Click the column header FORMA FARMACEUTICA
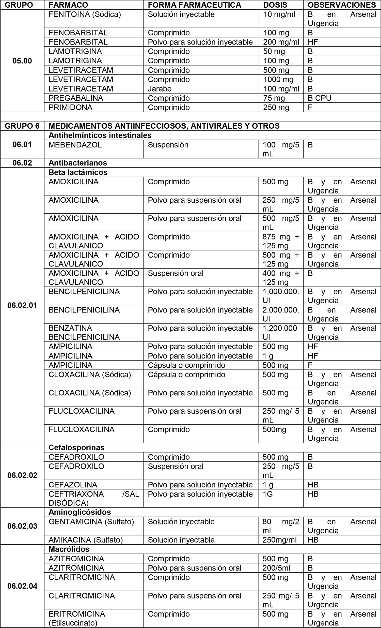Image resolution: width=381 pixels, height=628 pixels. pos(194,5)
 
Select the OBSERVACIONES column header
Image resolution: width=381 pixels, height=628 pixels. pos(342,5)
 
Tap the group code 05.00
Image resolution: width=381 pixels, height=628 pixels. pos(22,61)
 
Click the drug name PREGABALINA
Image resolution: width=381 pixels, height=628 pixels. pos(76,98)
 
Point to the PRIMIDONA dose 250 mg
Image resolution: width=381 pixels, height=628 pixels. pos(276,107)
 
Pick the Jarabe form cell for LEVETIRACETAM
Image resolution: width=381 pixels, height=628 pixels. pos(160,89)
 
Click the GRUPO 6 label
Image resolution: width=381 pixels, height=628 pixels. pos(22,126)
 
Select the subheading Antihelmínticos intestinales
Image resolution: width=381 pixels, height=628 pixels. pos(100,135)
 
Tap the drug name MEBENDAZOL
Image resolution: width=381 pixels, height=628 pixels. pos(75,145)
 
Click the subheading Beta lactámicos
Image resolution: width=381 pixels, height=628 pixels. pos(78,172)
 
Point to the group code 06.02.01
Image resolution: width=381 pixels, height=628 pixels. pos(22,305)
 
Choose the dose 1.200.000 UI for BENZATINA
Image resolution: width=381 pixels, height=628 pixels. pos(279,332)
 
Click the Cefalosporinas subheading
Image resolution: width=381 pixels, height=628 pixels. pos(76,447)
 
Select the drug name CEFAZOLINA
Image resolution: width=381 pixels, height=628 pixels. pos(73,485)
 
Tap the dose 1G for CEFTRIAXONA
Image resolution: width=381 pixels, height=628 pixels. pos(267,494)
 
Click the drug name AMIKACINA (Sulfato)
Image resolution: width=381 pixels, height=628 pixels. pos(86,540)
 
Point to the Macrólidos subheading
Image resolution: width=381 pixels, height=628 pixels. pos(69,549)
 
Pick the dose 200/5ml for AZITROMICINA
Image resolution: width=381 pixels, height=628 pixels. pos(276,568)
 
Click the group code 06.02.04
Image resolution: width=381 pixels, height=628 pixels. pos(22,586)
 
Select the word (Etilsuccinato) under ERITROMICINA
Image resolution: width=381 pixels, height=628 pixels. pos(73,623)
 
